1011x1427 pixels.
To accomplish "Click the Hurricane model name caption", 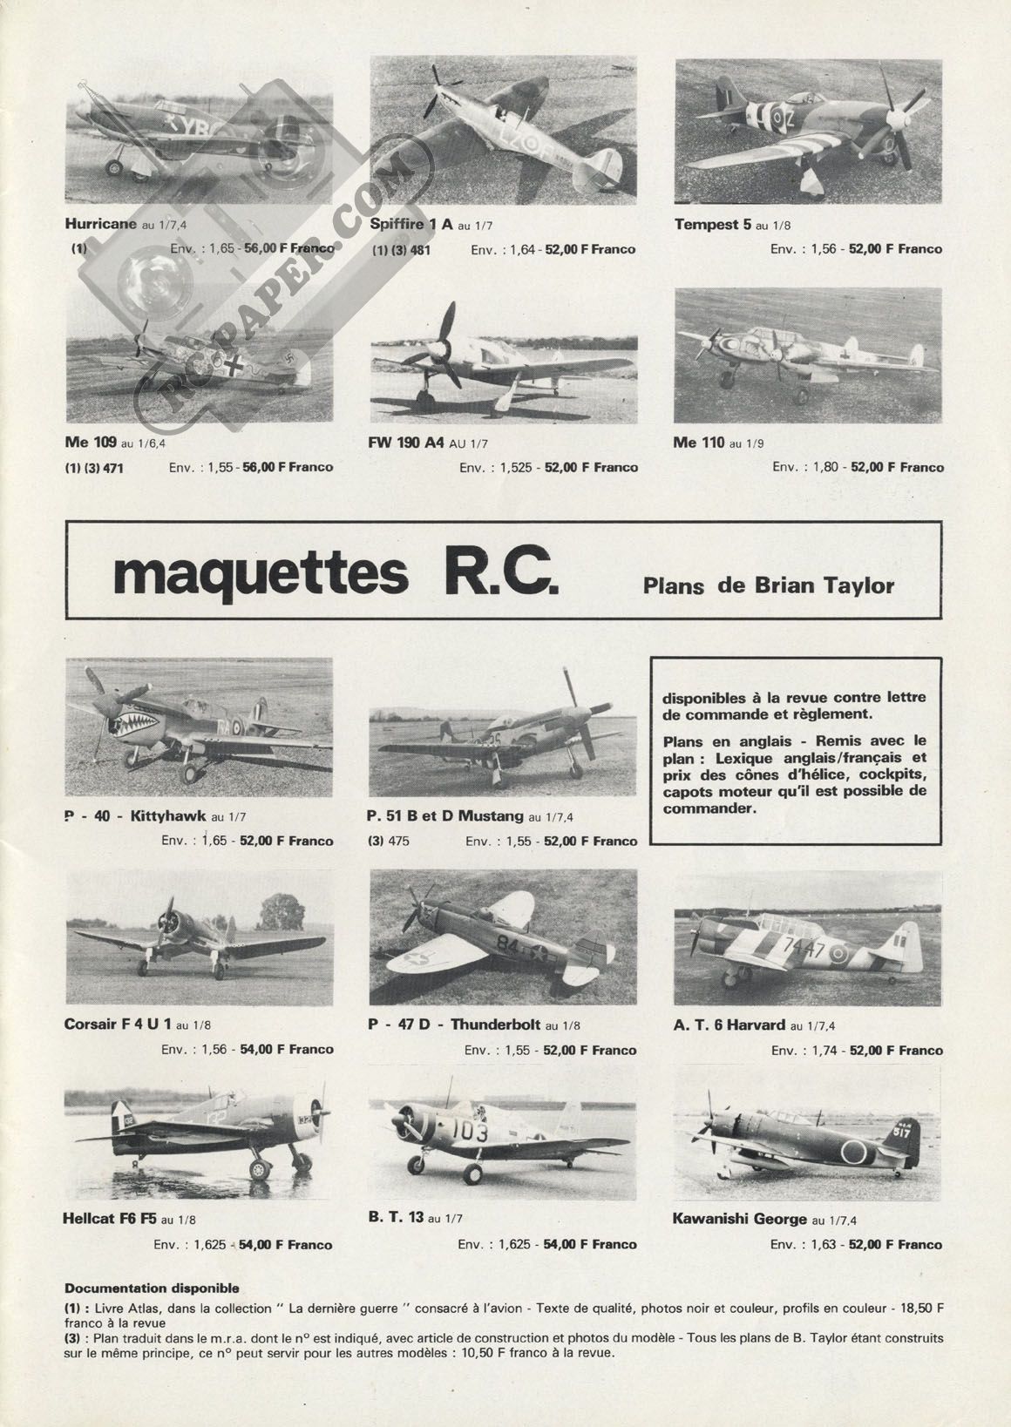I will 101,224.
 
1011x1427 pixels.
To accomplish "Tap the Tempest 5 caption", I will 713,224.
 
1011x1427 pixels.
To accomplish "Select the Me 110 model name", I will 699,443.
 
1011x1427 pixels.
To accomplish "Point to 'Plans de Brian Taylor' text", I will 769,585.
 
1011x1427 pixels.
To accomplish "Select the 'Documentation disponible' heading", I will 152,1288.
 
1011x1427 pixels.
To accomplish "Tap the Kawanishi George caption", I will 740,1219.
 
